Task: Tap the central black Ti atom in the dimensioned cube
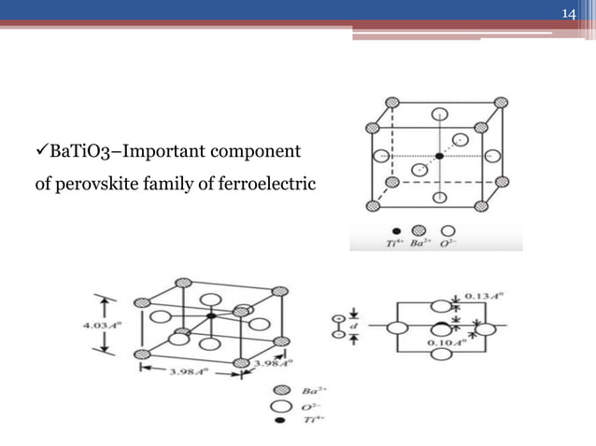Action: [x=212, y=317]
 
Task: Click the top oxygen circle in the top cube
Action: [x=439, y=116]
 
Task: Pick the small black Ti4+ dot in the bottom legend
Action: [x=278, y=423]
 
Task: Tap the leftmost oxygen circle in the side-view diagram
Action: [x=397, y=328]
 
